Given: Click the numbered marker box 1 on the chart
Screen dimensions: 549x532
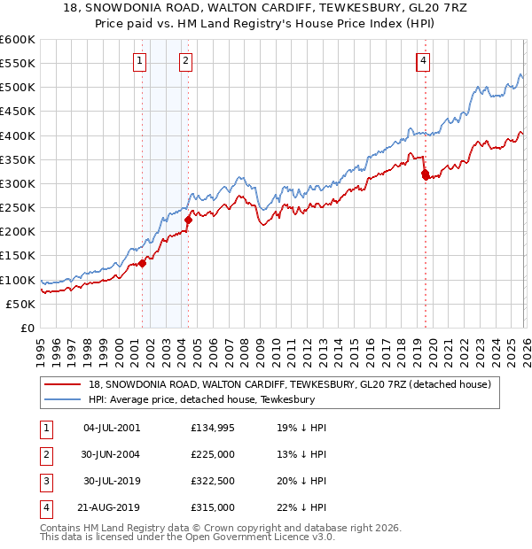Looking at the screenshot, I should (x=141, y=61).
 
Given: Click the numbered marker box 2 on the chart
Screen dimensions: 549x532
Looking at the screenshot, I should (x=186, y=61).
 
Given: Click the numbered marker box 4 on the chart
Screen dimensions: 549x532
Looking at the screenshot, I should (x=424, y=61).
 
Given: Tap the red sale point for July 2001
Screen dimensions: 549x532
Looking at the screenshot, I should (x=142, y=263).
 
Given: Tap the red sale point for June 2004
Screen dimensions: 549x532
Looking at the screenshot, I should (x=188, y=220).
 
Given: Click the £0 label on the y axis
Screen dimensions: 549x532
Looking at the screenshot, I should (x=27, y=328).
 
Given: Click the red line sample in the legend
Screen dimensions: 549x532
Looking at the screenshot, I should (x=63, y=384).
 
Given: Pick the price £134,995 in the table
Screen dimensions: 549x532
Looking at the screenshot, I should (x=213, y=428).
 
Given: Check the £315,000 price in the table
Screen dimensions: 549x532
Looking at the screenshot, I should (x=213, y=507).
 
